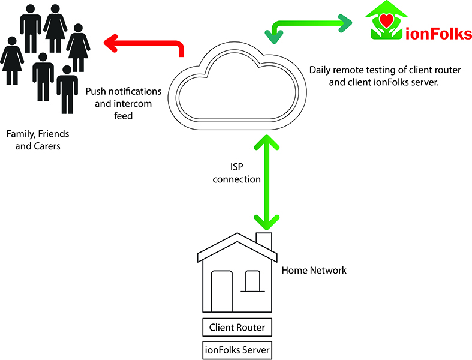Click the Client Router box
coord(237,328)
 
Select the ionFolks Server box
coord(237,349)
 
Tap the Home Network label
coord(314,271)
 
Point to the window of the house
coord(252,279)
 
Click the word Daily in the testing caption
coord(321,70)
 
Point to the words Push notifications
coord(124,92)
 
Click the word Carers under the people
coord(48,146)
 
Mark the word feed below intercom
coord(123,116)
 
